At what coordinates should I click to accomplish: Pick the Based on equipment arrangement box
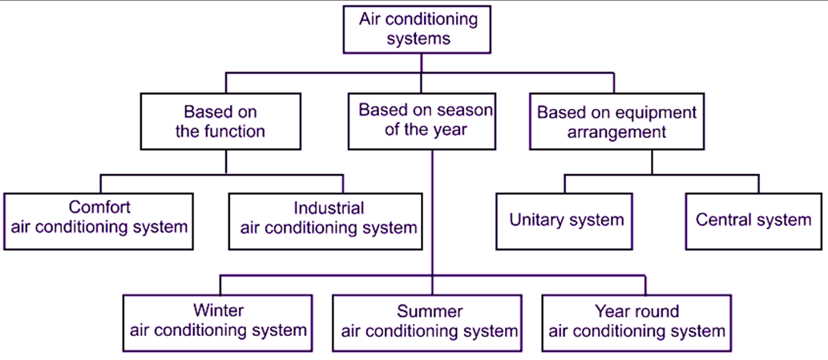tap(616, 122)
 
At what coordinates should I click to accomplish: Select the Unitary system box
tap(567, 220)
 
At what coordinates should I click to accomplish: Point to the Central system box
tap(753, 220)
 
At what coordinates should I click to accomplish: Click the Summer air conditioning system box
tap(430, 321)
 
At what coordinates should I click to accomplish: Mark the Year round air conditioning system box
tap(636, 321)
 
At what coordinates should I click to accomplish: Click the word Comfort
tap(99, 207)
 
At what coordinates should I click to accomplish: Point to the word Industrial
tap(329, 208)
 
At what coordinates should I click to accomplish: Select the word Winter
tap(218, 310)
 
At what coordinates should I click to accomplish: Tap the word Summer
tap(430, 311)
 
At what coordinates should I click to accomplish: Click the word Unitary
tap(537, 220)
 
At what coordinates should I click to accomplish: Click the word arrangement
tap(616, 132)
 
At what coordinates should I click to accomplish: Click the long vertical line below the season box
tap(433, 208)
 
